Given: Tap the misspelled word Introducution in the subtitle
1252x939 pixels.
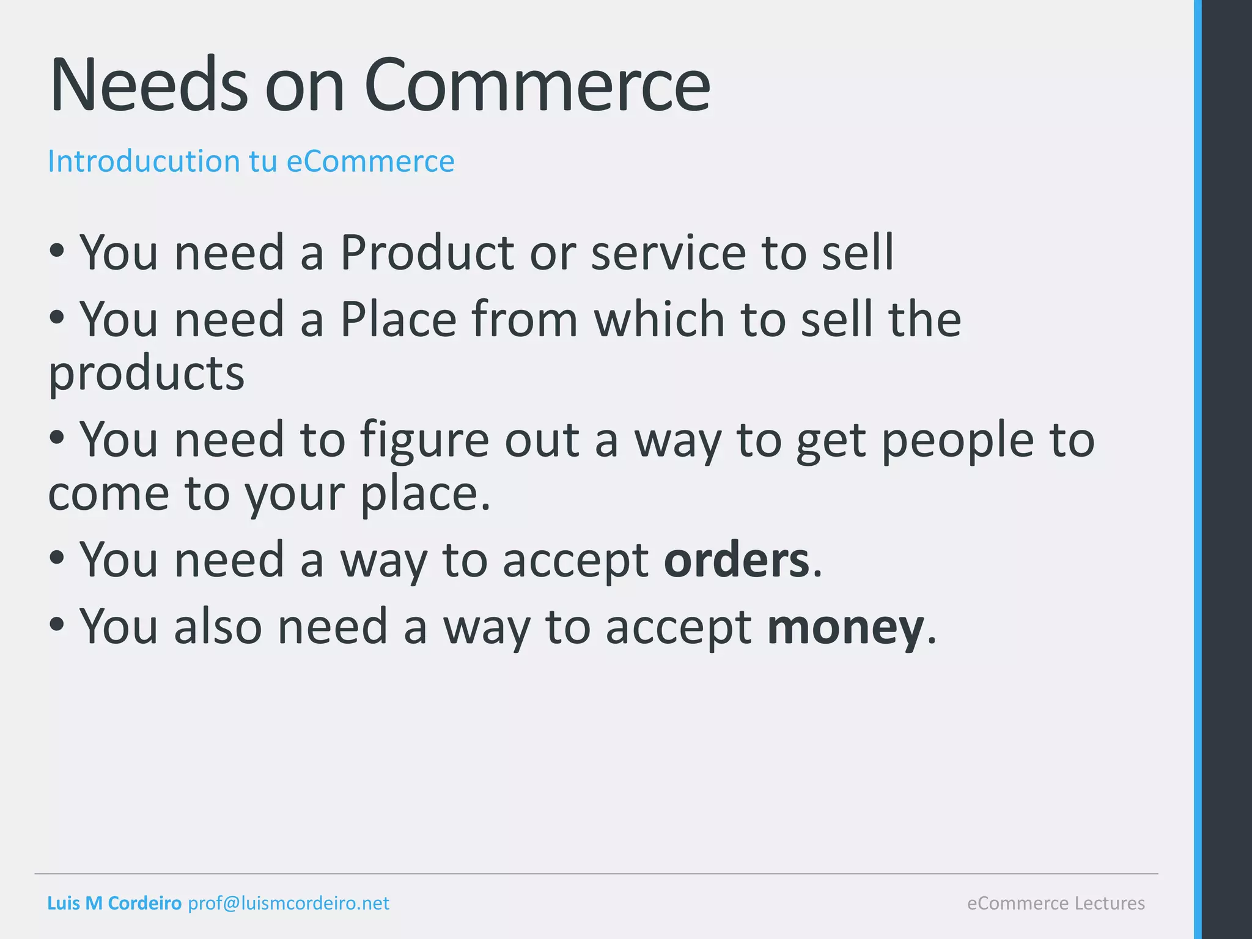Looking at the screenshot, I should pos(144,161).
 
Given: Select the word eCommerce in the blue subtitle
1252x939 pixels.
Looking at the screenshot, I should pos(370,161).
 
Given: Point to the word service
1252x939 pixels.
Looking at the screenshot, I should pos(668,253).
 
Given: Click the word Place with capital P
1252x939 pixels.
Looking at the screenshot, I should pos(398,319).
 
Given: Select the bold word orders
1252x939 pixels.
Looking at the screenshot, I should pos(737,560).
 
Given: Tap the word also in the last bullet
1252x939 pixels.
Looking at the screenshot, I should pos(218,626).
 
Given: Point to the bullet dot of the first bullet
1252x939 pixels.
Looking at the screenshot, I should pos(57,251).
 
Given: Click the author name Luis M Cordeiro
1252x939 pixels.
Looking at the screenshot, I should pos(114,903).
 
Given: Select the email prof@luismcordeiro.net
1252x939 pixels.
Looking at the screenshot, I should pos(289,903).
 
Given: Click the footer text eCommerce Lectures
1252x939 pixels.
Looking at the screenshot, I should pos(1056,903).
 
